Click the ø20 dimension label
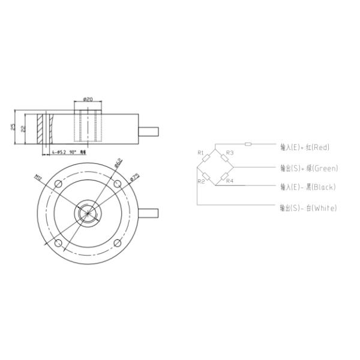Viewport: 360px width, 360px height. pos(88,100)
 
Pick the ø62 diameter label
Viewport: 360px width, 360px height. pos(118,163)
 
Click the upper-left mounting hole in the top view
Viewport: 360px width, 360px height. pos(58,183)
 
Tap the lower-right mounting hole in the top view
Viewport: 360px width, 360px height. pos(118,243)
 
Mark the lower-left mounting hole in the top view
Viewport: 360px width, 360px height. pos(58,243)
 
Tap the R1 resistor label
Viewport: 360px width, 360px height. pos(201,152)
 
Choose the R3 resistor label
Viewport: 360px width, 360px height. pos(230,152)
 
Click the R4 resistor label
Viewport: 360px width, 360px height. pos(230,181)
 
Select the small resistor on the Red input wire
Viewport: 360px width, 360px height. pos(249,144)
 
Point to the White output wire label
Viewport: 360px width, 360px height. pos(308,208)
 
